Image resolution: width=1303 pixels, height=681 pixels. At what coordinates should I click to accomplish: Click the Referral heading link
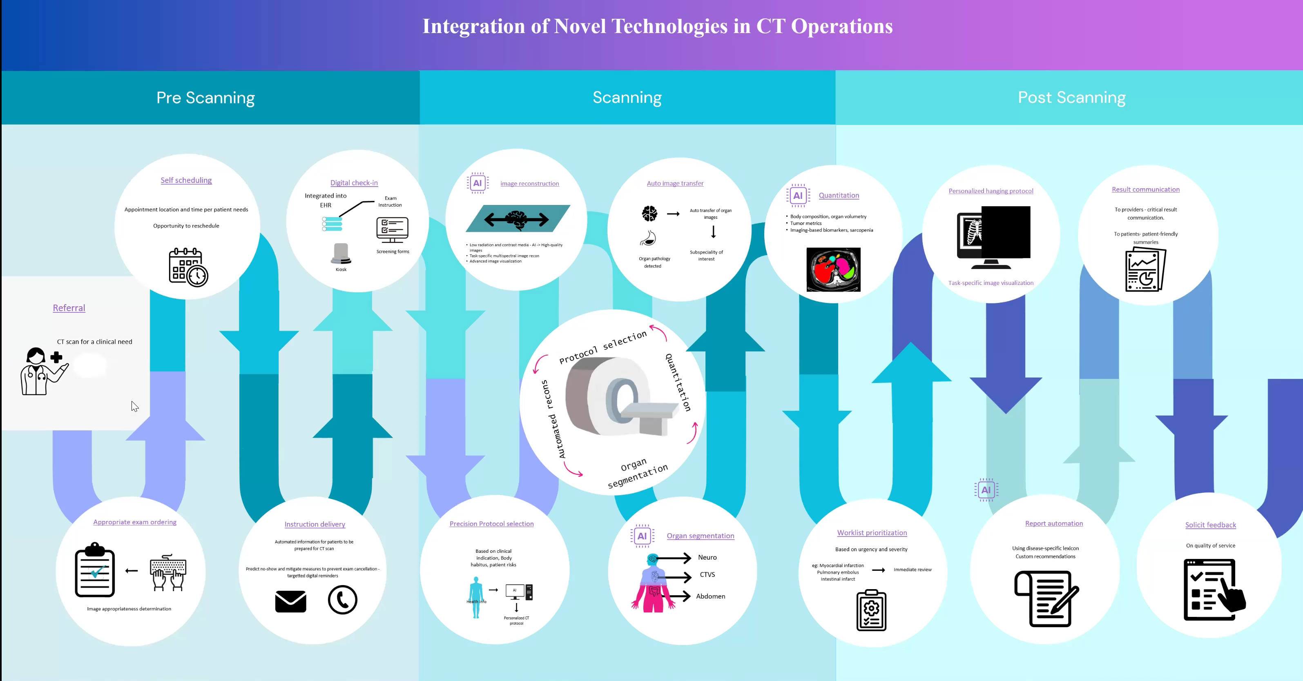point(69,308)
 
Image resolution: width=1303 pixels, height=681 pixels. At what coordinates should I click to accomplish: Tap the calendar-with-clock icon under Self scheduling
point(188,267)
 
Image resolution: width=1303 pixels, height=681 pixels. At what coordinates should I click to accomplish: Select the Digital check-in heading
point(354,182)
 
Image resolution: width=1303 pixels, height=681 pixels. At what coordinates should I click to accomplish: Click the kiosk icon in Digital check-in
point(341,254)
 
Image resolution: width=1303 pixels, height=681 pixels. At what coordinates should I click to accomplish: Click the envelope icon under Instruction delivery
point(290,601)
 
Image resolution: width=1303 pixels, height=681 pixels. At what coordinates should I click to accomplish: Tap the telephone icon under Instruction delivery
point(342,600)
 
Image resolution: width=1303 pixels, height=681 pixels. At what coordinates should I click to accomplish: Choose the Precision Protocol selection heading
point(491,524)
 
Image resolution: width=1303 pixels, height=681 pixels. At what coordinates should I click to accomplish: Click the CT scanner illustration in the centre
point(618,396)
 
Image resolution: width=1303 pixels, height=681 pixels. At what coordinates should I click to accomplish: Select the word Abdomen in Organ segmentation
point(710,596)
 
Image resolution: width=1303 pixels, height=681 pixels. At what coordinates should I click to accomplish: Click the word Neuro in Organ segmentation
point(707,557)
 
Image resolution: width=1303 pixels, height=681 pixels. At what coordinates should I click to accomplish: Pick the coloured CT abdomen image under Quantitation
point(833,269)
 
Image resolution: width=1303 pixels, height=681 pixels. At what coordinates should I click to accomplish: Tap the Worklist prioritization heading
point(872,533)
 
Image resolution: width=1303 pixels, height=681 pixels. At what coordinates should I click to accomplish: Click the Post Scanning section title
point(1071,98)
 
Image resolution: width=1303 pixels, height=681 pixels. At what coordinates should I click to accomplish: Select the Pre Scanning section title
point(205,98)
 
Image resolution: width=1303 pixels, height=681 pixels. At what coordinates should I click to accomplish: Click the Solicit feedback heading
point(1210,525)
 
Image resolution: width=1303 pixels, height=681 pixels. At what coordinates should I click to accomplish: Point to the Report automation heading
point(1053,523)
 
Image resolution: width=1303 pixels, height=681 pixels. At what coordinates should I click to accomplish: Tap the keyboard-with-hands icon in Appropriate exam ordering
point(168,572)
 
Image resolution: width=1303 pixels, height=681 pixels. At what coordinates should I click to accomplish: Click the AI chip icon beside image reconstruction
point(477,183)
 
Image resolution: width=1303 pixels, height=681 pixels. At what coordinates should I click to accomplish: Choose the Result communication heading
point(1145,189)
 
